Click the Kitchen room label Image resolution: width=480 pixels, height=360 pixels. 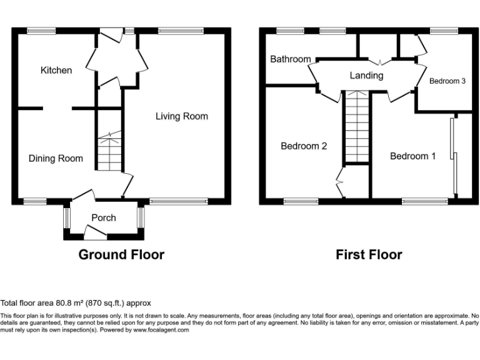pos(56,70)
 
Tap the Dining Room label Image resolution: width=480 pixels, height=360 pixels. pos(56,158)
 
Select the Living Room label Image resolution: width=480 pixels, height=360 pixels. pos(182,116)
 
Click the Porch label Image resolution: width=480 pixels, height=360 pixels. pos(104,217)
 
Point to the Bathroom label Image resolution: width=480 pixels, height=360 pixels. pos(290,59)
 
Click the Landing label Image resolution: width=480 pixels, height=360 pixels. pos(366,75)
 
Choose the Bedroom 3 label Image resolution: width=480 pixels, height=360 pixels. pos(447,81)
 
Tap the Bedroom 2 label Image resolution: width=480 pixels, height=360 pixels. pos(304,146)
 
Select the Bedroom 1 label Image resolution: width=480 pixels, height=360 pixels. pos(413,156)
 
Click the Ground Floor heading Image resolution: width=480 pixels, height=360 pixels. pos(121,254)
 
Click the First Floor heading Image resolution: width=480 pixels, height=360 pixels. pos(369,254)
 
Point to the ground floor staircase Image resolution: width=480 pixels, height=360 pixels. pos(109,150)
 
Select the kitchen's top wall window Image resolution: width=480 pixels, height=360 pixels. pos(41,30)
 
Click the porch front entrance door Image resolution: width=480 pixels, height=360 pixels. pos(95,232)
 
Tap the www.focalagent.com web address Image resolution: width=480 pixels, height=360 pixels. pos(159,330)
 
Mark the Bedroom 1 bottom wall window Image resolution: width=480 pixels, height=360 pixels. pos(424,201)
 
